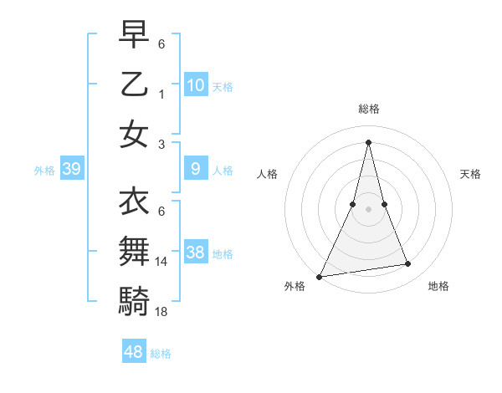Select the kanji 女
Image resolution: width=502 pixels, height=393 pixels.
pyautogui.click(x=134, y=135)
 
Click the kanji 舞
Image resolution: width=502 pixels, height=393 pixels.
pyautogui.click(x=134, y=252)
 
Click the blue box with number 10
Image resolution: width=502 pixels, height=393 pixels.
pyautogui.click(x=196, y=84)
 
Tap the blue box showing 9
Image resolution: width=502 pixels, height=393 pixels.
pyautogui.click(x=196, y=169)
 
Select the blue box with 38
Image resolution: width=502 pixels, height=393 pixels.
pyautogui.click(x=196, y=253)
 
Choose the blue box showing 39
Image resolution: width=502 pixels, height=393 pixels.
pyautogui.click(x=72, y=170)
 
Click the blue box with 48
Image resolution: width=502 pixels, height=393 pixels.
pyautogui.click(x=134, y=352)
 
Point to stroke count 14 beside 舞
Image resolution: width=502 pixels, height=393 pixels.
pyautogui.click(x=161, y=262)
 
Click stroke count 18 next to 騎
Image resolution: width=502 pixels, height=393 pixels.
pyautogui.click(x=161, y=312)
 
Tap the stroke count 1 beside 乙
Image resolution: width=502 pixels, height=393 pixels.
pyautogui.click(x=161, y=94)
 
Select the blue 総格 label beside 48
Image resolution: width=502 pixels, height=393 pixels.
pyautogui.click(x=161, y=354)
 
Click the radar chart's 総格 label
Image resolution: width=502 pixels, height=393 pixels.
pyautogui.click(x=368, y=109)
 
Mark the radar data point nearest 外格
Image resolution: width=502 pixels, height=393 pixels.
pyautogui.click(x=319, y=276)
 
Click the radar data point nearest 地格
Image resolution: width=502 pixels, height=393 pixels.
pyautogui.click(x=408, y=264)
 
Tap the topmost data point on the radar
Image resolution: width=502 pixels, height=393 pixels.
pyautogui.click(x=368, y=141)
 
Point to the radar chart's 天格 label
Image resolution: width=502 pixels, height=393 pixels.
pyautogui.click(x=470, y=174)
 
